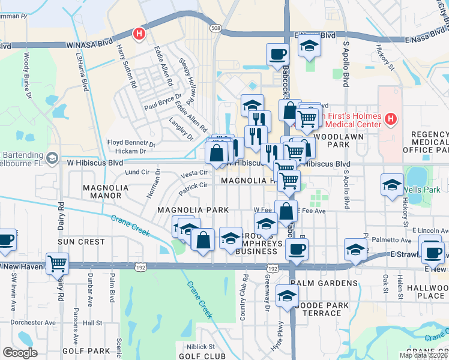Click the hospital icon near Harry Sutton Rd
pos(139,34)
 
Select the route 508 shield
pos(217,28)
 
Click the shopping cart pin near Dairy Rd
pos(57,263)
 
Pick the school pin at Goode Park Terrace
pos(288,296)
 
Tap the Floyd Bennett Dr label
pos(131,143)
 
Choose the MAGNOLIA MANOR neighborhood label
pos(106,191)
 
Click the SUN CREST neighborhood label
pos(81,241)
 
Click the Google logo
pos(20,353)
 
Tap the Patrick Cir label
pos(191,187)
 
